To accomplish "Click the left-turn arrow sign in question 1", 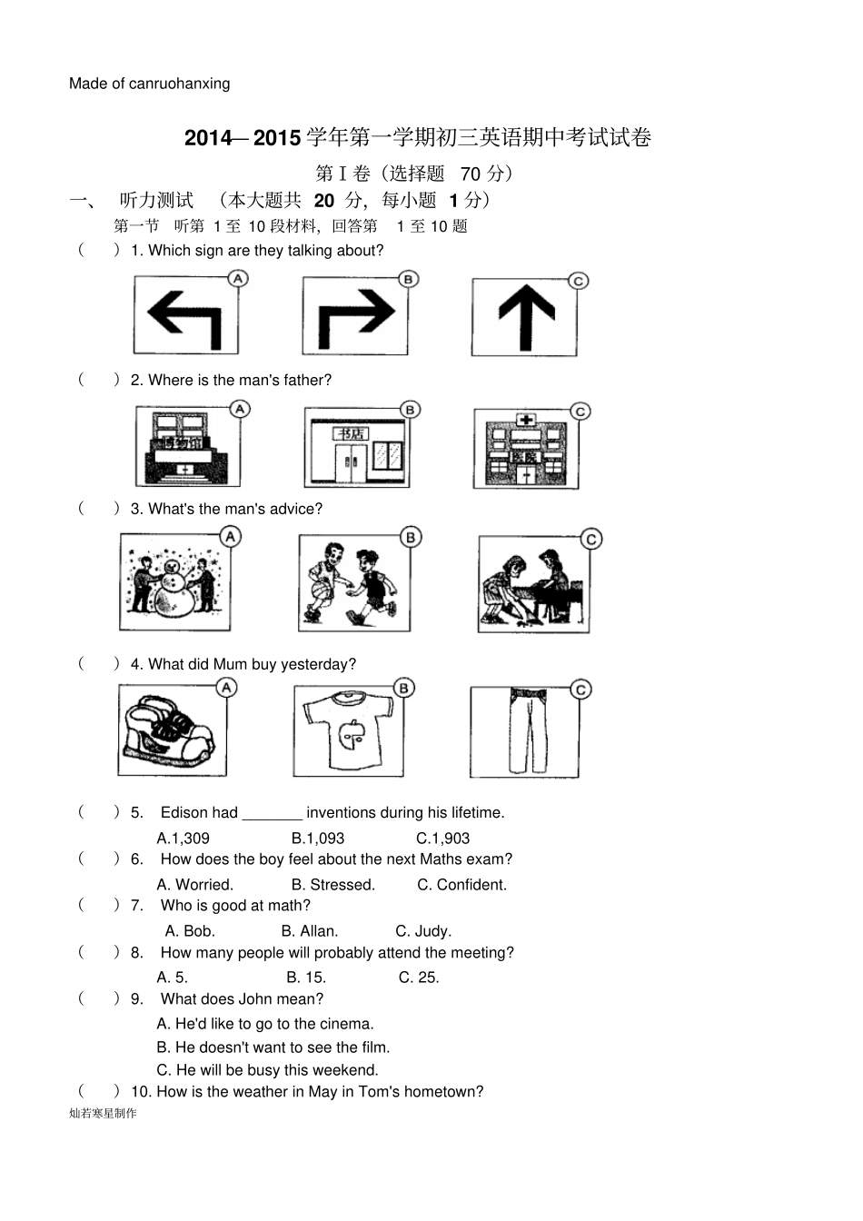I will click(x=185, y=315).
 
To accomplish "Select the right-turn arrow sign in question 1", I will click(x=355, y=315).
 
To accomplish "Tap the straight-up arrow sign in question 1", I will click(x=525, y=316).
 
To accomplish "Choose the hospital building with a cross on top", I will click(x=525, y=450).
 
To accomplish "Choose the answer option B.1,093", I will click(x=318, y=839).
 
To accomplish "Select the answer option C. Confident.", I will click(x=461, y=885).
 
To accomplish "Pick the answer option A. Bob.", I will click(x=190, y=931).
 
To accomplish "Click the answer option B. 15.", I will click(x=306, y=978).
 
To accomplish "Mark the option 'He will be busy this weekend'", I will click(x=267, y=1070).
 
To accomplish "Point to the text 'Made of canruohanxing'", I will click(x=150, y=84).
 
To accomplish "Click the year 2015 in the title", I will click(x=277, y=137).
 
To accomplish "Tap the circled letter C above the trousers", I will click(x=581, y=690).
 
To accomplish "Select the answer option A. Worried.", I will click(x=195, y=885).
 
